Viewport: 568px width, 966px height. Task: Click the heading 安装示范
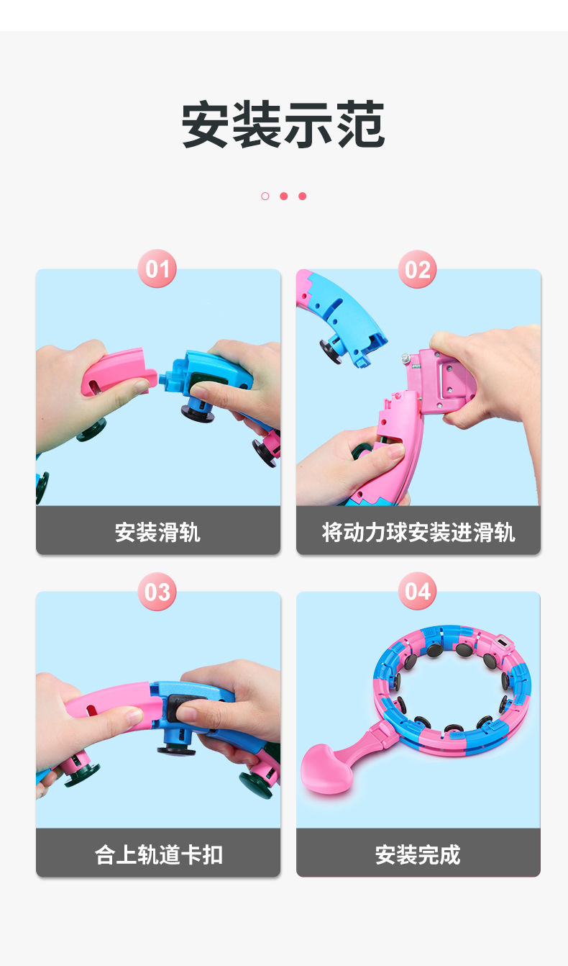click(283, 125)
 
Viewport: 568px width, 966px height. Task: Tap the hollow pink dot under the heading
click(265, 197)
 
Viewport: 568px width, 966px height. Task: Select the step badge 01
click(157, 268)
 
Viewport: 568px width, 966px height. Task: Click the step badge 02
click(417, 269)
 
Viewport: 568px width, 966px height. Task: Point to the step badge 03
click(157, 592)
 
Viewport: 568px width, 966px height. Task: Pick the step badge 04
click(417, 591)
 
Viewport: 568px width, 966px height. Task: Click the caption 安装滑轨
click(157, 532)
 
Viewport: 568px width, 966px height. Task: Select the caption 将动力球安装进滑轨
click(418, 532)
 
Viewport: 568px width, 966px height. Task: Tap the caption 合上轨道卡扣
click(158, 854)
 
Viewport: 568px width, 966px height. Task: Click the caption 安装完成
click(418, 854)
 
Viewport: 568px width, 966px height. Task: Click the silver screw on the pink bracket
click(406, 358)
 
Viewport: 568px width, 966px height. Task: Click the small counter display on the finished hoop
click(503, 643)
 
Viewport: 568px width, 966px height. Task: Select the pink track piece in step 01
click(118, 371)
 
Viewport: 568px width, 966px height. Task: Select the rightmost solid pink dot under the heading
click(303, 197)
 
